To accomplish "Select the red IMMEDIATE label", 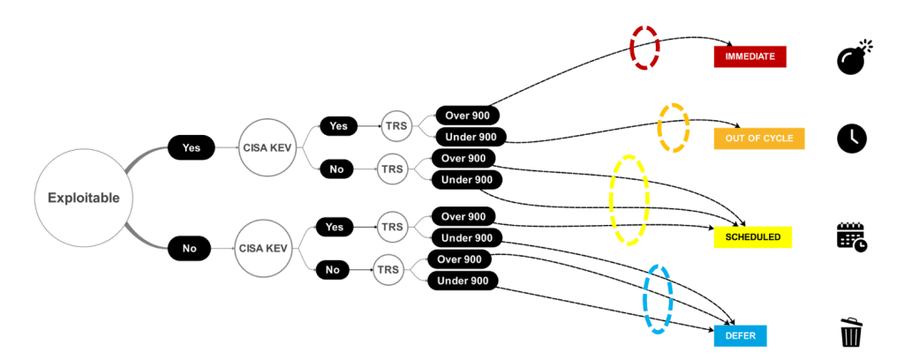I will click(750, 56).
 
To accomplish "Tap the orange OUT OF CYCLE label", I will click(759, 139).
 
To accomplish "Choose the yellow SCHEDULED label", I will click(753, 237).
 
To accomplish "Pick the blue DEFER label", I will click(740, 335).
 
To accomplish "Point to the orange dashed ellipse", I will click(674, 128).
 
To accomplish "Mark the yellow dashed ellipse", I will click(629, 199).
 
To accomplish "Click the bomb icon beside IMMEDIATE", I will click(853, 57).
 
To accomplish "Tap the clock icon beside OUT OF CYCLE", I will click(853, 139).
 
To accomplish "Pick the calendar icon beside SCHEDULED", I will click(853, 236).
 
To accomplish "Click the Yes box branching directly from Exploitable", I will click(191, 148).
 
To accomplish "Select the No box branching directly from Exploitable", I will click(190, 249).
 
